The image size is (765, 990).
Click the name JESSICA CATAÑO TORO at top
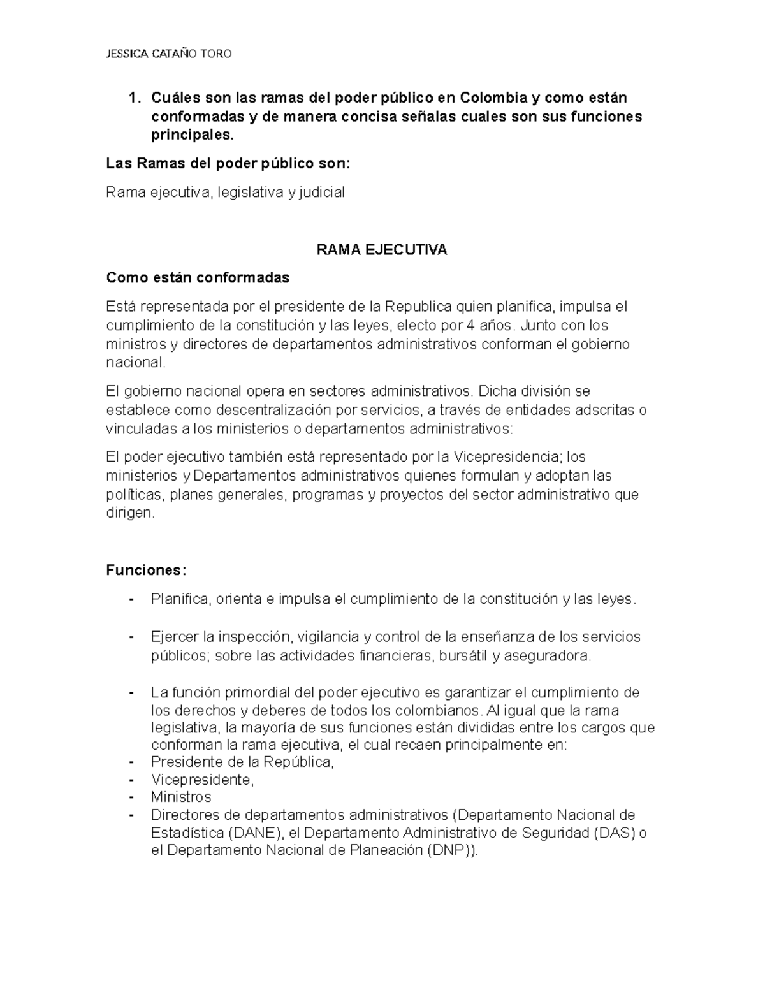tap(168, 54)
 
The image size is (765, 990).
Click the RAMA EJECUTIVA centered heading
tap(382, 250)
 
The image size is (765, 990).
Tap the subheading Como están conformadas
tap(198, 278)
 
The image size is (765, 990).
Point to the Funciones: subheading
tap(146, 570)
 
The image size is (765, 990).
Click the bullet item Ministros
tap(181, 797)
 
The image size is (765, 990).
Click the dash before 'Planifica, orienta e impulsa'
tap(131, 599)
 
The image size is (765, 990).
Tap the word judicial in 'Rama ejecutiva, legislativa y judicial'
tap(322, 192)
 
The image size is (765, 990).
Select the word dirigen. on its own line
tap(130, 513)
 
